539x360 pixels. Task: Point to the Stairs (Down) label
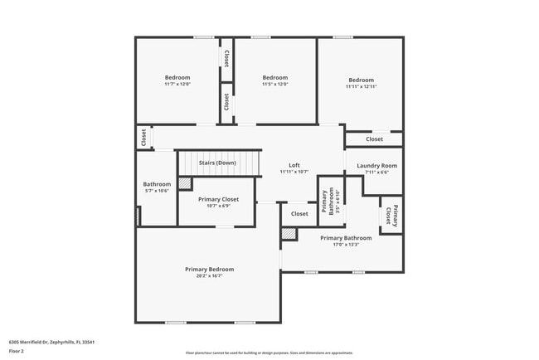(217, 163)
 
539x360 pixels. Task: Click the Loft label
(294, 165)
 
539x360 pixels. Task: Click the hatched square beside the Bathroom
(185, 183)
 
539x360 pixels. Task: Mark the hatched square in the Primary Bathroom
(288, 235)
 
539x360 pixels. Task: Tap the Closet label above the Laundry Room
(374, 139)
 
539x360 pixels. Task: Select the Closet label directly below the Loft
(299, 214)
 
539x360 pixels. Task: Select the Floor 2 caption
(17, 352)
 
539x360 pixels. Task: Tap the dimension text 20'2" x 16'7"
(209, 275)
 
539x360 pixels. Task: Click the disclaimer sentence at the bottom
(269, 353)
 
